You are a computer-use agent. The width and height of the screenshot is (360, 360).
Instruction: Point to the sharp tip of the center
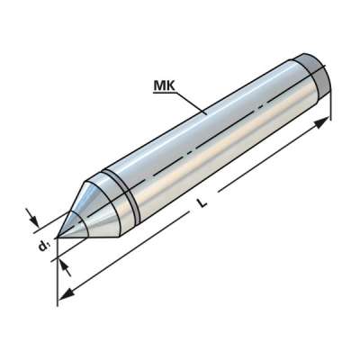[58, 238]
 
